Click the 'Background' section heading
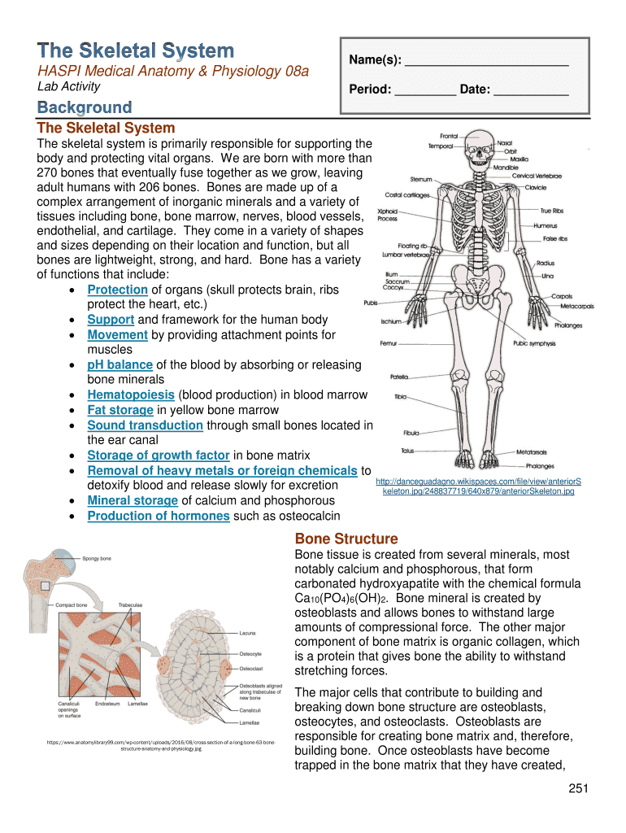point(85,107)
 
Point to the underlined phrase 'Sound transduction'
point(145,425)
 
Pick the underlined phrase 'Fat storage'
point(120,410)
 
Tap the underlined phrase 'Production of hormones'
point(158,516)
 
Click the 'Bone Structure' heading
point(346,539)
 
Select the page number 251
point(578,788)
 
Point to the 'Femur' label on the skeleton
point(388,343)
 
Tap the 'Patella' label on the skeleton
point(399,377)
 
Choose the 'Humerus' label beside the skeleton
point(546,225)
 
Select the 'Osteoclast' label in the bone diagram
point(251,668)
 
